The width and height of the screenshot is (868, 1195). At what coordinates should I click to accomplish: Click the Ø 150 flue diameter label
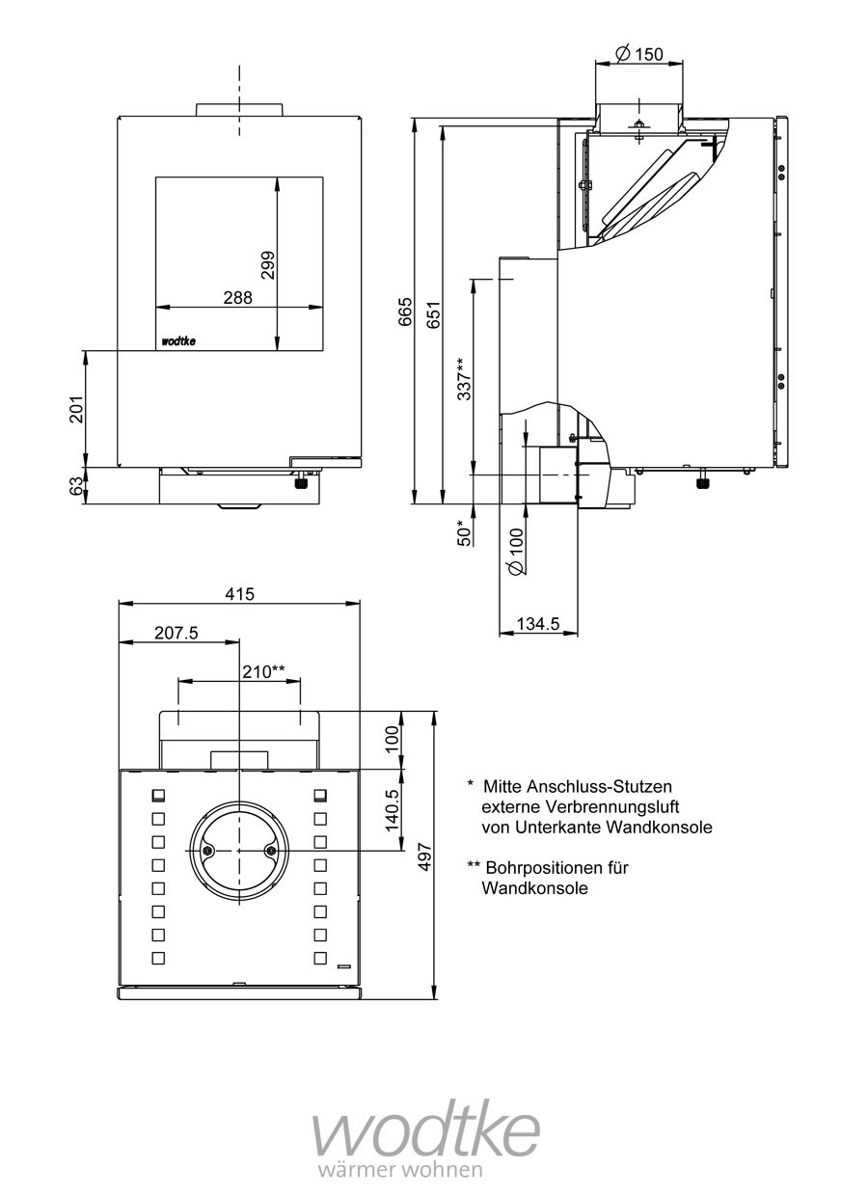coord(638,54)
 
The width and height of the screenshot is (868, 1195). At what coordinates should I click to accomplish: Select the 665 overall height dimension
coord(405,312)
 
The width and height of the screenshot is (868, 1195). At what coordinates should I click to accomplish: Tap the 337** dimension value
coord(465,378)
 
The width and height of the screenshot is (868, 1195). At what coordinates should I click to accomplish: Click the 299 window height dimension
coord(268,265)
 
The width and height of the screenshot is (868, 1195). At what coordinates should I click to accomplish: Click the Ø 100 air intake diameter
coord(516,553)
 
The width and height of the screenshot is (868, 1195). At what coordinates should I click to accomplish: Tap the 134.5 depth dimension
coord(539,624)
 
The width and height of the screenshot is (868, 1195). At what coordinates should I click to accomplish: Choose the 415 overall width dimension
coord(239,594)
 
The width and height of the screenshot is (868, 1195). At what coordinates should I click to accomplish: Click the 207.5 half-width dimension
coord(176,633)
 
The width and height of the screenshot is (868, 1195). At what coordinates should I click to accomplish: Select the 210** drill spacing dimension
coord(263,671)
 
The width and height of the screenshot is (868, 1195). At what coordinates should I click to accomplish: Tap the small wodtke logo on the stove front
coord(178,340)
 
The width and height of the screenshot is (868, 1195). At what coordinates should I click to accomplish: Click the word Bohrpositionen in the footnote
coord(543,867)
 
